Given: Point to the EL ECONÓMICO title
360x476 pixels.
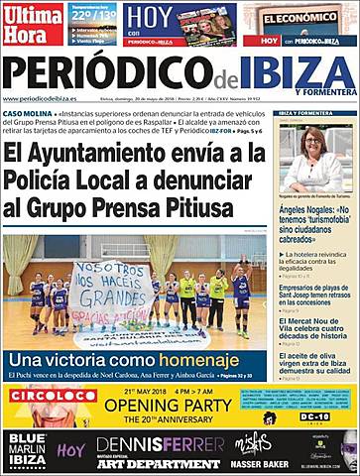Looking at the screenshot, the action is [x=300, y=16].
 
